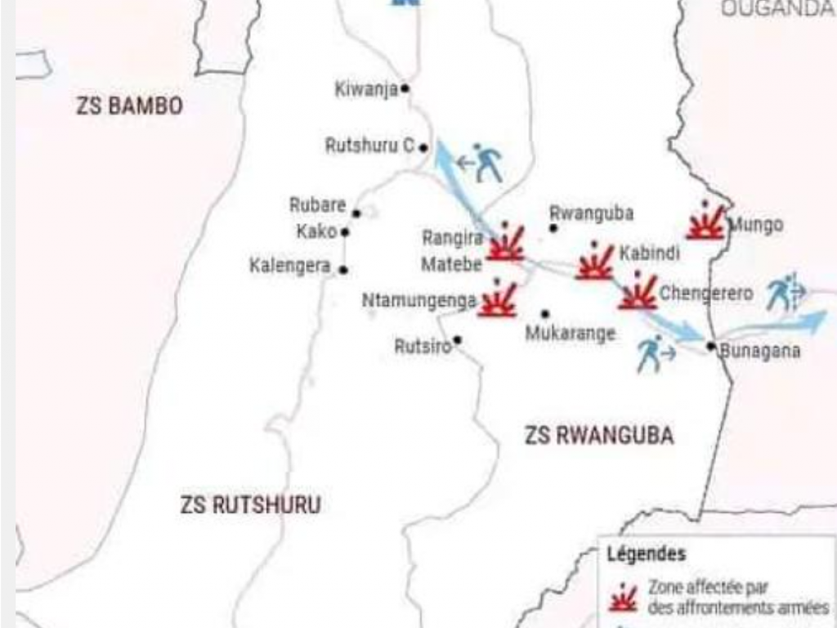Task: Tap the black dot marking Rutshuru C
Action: coord(423,148)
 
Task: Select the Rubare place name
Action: coord(317,205)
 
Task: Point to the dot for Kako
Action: coord(345,232)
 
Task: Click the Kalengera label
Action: coord(290,266)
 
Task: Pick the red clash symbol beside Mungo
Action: coord(705,222)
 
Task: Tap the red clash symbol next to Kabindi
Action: coord(595,262)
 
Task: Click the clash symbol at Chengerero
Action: coord(638,293)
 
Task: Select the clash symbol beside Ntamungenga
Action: coord(497,299)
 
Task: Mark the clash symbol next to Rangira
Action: coord(506,243)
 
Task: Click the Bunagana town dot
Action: coord(711,346)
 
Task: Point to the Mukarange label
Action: coord(570,334)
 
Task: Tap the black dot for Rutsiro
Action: coord(457,340)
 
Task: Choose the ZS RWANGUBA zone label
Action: coord(599,436)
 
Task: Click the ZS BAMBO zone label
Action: coord(129,106)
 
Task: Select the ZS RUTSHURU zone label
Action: coord(250,505)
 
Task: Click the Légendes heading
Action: coord(646,554)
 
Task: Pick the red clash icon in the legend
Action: coord(624,598)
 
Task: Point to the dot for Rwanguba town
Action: coord(553,227)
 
